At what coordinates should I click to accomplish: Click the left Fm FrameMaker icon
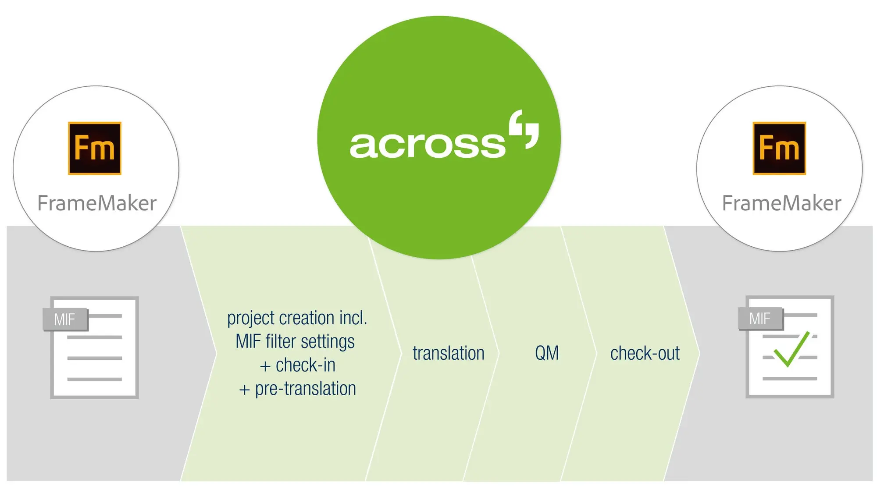coord(95,148)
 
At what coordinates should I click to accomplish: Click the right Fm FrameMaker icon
coord(779,148)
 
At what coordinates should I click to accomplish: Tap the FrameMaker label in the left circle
coord(97,203)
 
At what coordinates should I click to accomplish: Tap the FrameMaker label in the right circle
coord(781,203)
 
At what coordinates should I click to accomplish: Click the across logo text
coord(428,145)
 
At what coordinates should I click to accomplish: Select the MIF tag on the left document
coord(65,319)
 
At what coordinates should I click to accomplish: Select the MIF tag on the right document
coord(760,319)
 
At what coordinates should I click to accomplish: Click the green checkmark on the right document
coord(791,349)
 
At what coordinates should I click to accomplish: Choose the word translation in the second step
coord(448,353)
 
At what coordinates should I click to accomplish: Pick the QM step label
coord(547,353)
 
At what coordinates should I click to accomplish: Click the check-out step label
coord(645,353)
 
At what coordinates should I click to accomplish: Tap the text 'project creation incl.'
coord(297,318)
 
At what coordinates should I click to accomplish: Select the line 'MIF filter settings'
coord(295,341)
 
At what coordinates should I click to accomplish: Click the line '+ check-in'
coord(298,365)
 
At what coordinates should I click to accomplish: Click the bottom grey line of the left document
coord(94,379)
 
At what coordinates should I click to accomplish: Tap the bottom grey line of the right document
coord(789,378)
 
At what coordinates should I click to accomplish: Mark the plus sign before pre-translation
coord(244,390)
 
